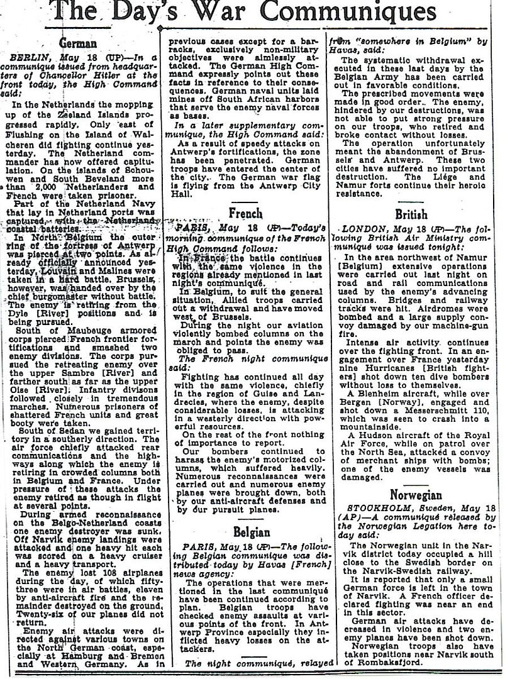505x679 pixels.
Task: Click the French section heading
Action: click(x=246, y=213)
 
